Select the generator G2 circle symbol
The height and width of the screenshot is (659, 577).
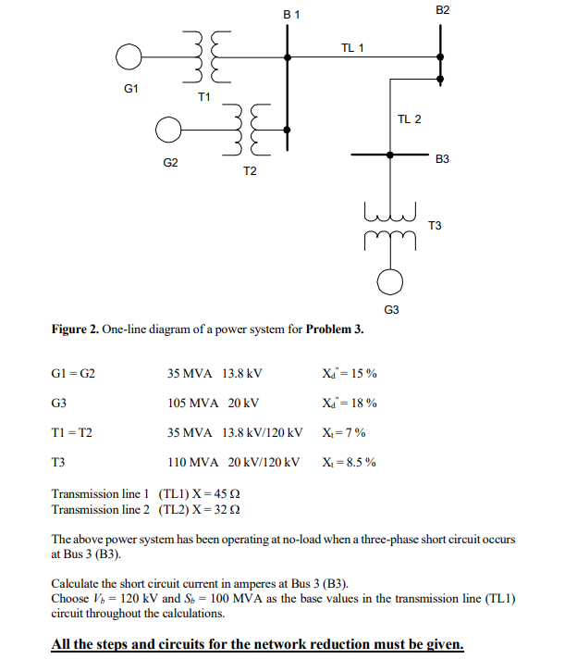tap(167, 130)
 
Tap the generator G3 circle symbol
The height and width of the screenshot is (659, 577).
tap(392, 279)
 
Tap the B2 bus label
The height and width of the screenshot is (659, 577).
tap(441, 9)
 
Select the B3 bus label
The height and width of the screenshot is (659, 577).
tap(442, 160)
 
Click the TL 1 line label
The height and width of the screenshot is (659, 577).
tap(352, 47)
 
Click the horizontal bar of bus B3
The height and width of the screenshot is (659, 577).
tap(390, 156)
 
